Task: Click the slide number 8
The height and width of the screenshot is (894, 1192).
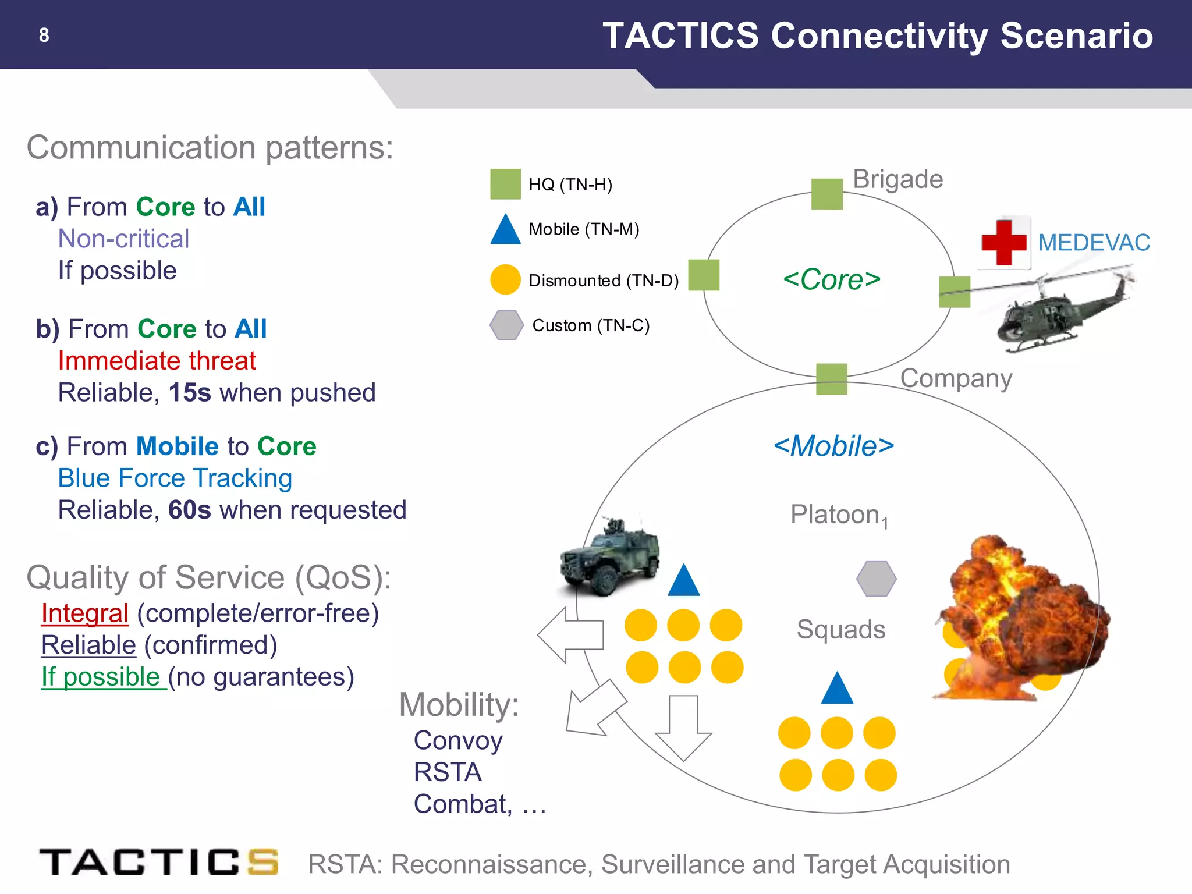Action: point(44,36)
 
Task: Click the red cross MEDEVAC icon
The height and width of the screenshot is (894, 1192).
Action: point(1003,243)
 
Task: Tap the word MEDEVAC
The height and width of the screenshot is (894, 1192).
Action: point(1094,243)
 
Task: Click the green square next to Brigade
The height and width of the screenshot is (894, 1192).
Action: point(827,194)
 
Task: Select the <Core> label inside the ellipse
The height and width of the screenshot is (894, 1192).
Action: point(831,280)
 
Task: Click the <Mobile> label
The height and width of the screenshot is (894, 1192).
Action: point(833,446)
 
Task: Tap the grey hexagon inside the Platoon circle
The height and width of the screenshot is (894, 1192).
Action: point(876,579)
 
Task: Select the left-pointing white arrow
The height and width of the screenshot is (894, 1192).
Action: point(570,635)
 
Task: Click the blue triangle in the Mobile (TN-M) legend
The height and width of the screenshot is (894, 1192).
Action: point(505,230)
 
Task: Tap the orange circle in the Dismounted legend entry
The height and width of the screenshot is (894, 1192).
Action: point(505,280)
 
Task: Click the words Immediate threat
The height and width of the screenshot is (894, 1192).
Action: point(157,361)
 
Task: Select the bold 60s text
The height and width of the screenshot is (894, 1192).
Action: point(189,510)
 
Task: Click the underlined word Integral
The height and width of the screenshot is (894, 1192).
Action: point(85,613)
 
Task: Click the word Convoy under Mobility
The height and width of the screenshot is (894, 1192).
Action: point(458,741)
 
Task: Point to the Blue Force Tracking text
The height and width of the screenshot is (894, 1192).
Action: point(175,478)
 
